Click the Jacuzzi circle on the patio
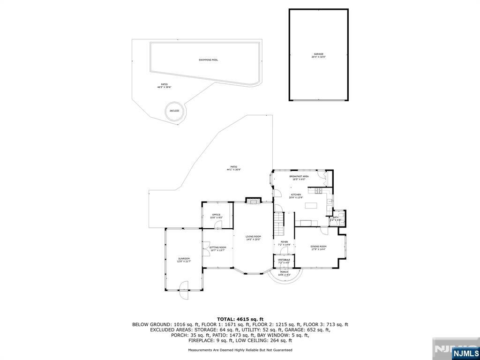(x=174, y=112)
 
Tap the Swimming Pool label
(x=208, y=60)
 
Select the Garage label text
(x=319, y=54)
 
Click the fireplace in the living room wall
(x=253, y=201)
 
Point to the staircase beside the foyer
(x=279, y=225)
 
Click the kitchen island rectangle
(x=311, y=205)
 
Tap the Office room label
(x=216, y=215)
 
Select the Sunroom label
(x=183, y=258)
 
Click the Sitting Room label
(x=217, y=247)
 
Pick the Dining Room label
(x=318, y=246)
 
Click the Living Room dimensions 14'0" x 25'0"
(x=253, y=240)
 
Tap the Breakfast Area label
(x=299, y=176)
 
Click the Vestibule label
(x=284, y=259)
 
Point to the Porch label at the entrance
(x=285, y=272)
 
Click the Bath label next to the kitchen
(x=336, y=217)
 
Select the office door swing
(x=218, y=225)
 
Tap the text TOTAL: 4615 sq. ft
(x=240, y=319)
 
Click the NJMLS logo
(x=465, y=352)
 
